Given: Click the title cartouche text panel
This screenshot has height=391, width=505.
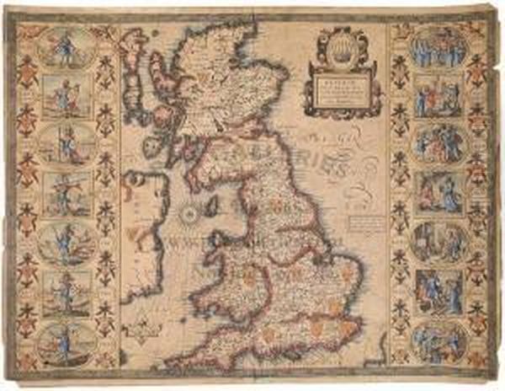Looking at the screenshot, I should pos(341,91).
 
